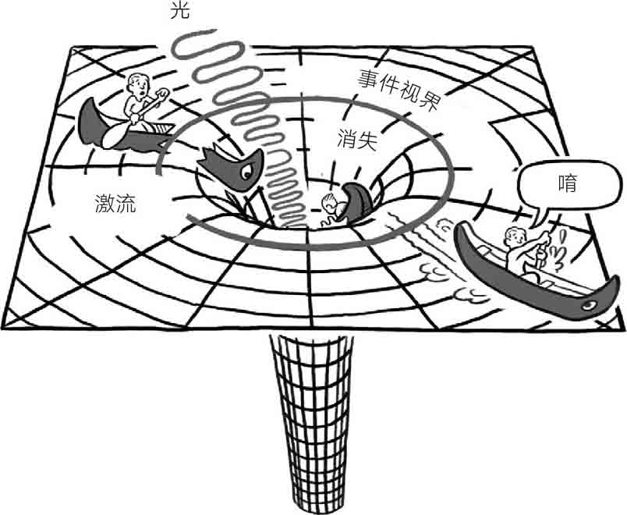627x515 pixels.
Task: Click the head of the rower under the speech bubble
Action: click(514, 236)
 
